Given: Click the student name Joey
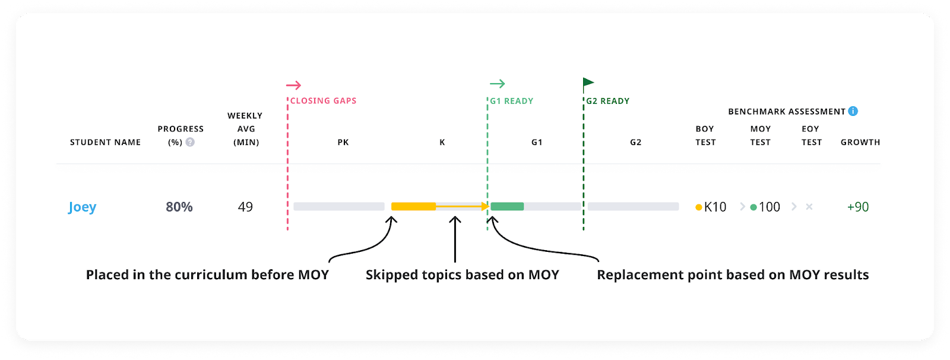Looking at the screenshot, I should [x=82, y=207].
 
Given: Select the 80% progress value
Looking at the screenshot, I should [x=179, y=207].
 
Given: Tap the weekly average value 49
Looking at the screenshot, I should [x=245, y=207].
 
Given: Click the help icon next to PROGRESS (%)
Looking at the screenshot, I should [x=190, y=142].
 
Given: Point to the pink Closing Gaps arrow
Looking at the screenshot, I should [x=294, y=85].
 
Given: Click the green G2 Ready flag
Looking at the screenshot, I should [x=588, y=84].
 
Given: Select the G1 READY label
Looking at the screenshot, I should [x=511, y=101].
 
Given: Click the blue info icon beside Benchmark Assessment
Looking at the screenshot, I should [x=853, y=111].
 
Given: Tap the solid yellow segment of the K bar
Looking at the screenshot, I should [x=413, y=207].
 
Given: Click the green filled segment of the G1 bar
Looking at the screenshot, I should [x=507, y=207].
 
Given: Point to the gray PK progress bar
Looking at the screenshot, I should [x=339, y=207].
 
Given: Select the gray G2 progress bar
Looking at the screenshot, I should [x=634, y=207].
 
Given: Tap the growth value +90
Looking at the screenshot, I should [x=858, y=207].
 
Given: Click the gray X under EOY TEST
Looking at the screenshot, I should [x=809, y=207].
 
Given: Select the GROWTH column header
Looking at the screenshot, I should [x=860, y=142].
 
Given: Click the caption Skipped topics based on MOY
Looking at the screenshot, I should [x=462, y=274].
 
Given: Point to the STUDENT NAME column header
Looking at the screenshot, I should [x=106, y=142].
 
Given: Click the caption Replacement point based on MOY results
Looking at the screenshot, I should [x=733, y=274].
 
